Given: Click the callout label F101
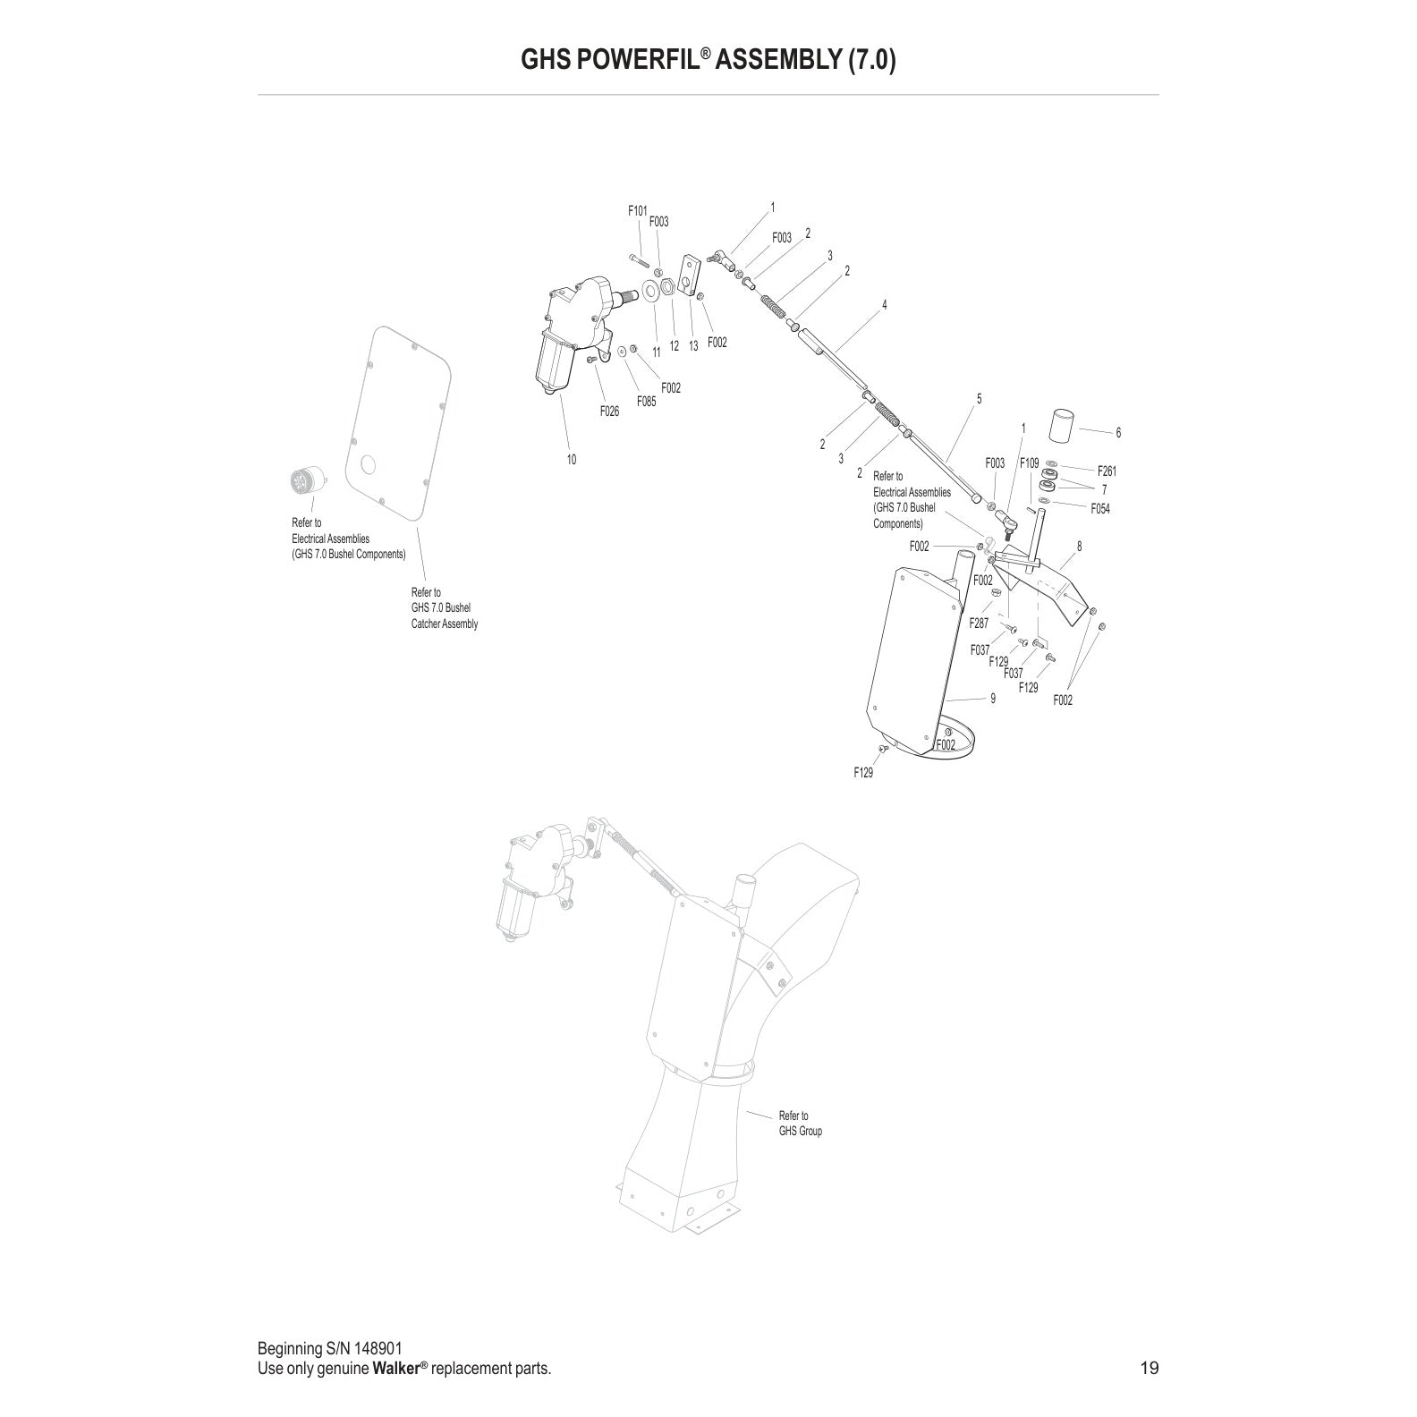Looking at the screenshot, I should [x=637, y=211].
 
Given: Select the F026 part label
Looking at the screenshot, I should [x=609, y=412].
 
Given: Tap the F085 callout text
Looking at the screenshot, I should [x=646, y=402].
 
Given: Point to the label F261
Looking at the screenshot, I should [x=1107, y=471].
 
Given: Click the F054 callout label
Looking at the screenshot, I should [x=1100, y=508].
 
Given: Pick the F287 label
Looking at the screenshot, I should [x=980, y=624].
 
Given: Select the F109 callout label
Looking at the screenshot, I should [x=1030, y=463].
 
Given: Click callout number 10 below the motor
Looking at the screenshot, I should [x=571, y=460].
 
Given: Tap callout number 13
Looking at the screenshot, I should [x=693, y=346].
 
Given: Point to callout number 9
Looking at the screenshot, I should [x=993, y=699].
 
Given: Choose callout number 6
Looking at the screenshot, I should [x=1118, y=432].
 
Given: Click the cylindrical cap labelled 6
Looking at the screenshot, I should [x=1063, y=427].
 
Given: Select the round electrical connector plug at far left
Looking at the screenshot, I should [x=303, y=481].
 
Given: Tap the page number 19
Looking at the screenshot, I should [x=1150, y=1368].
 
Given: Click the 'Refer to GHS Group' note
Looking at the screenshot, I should [x=800, y=1123].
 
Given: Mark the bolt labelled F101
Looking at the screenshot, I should [x=639, y=260].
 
